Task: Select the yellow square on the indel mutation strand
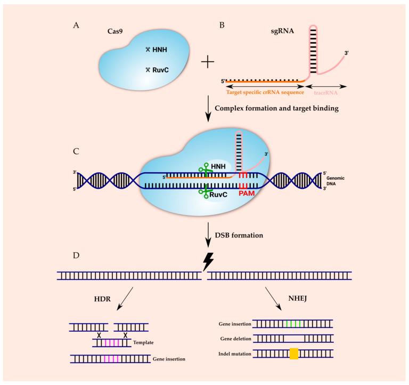pyautogui.click(x=293, y=354)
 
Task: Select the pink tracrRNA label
pyautogui.click(x=325, y=92)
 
